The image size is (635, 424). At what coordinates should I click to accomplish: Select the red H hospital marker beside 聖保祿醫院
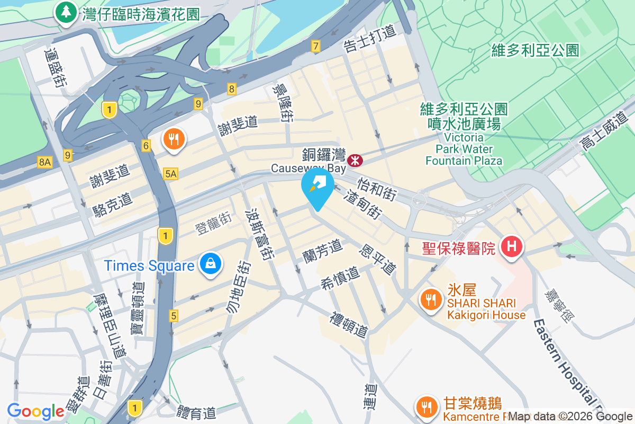pyautogui.click(x=512, y=246)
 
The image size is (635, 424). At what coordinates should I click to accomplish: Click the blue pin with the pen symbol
pyautogui.click(x=317, y=185)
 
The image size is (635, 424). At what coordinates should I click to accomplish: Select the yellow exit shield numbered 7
pyautogui.click(x=316, y=47)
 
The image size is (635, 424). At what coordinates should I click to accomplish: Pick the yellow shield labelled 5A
pyautogui.click(x=170, y=173)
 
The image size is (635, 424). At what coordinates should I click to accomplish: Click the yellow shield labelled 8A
pyautogui.click(x=44, y=162)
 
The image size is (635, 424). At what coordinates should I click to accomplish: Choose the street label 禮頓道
pyautogui.click(x=348, y=324)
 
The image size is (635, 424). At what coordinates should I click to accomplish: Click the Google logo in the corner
pyautogui.click(x=35, y=411)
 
